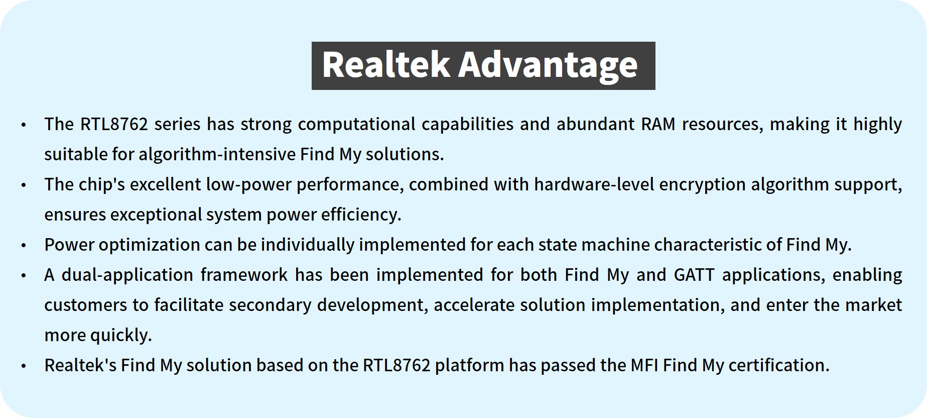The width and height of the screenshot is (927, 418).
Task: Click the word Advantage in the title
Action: point(548,66)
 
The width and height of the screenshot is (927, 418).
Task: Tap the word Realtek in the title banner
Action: point(385,65)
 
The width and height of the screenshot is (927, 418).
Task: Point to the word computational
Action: point(356,125)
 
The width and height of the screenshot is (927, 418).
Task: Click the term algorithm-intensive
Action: point(217,154)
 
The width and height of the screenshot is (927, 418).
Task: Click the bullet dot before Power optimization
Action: point(24,246)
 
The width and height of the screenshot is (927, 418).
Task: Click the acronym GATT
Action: point(695,275)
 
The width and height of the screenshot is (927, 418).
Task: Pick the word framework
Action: point(244,275)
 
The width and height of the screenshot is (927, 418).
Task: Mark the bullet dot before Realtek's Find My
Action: point(24,366)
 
